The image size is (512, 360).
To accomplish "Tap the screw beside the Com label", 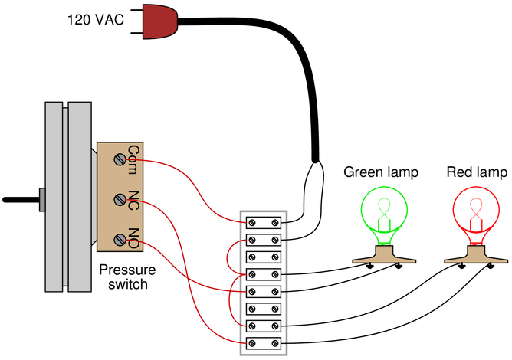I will (120, 159).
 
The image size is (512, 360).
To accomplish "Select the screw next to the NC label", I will (120, 200).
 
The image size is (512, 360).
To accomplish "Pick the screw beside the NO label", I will (120, 240).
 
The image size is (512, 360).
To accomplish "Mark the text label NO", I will (133, 237).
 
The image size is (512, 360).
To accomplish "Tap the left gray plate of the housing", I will (54, 196).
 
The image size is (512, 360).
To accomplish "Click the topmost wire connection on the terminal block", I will (244, 222).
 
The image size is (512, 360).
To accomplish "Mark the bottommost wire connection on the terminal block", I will (244, 344).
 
